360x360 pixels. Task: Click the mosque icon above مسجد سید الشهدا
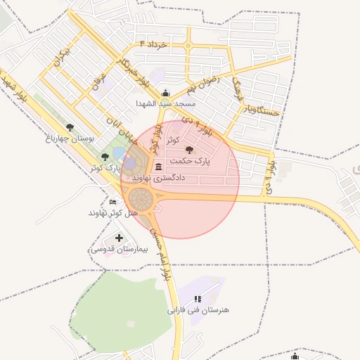[x=166, y=94]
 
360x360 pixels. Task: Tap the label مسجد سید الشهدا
[x=166, y=104]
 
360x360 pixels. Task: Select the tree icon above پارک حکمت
[x=189, y=150]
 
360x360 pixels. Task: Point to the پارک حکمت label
[x=189, y=160]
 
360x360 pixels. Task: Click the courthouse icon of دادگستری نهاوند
[x=157, y=167]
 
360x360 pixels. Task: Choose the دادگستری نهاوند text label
[x=158, y=179]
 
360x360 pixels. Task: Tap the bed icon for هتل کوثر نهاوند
[x=113, y=202]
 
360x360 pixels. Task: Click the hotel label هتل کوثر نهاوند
[x=107, y=212]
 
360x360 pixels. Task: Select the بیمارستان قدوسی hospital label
[x=117, y=250]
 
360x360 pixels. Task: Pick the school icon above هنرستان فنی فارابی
[x=198, y=299]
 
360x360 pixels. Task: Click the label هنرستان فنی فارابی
[x=198, y=309]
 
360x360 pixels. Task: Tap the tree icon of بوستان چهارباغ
[x=69, y=127]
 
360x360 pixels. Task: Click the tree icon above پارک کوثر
[x=105, y=157]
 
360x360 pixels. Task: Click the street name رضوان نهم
[x=203, y=86]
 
